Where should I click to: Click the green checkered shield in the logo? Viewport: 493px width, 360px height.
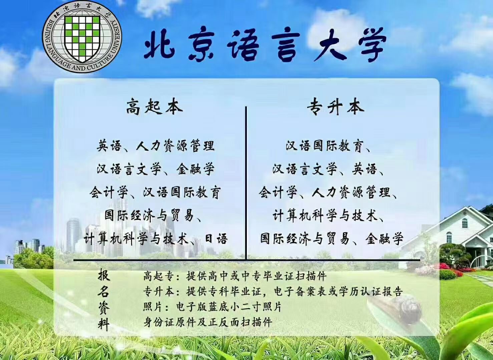point(82,38)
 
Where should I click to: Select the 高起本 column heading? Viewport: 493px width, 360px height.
point(154,108)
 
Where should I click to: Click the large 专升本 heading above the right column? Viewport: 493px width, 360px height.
point(336,108)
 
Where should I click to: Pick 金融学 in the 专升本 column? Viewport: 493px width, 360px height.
point(384,238)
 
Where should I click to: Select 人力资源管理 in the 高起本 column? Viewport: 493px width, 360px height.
point(175,146)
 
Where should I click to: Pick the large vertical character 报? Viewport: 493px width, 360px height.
point(104,275)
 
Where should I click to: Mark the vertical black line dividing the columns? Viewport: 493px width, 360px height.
point(246,183)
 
